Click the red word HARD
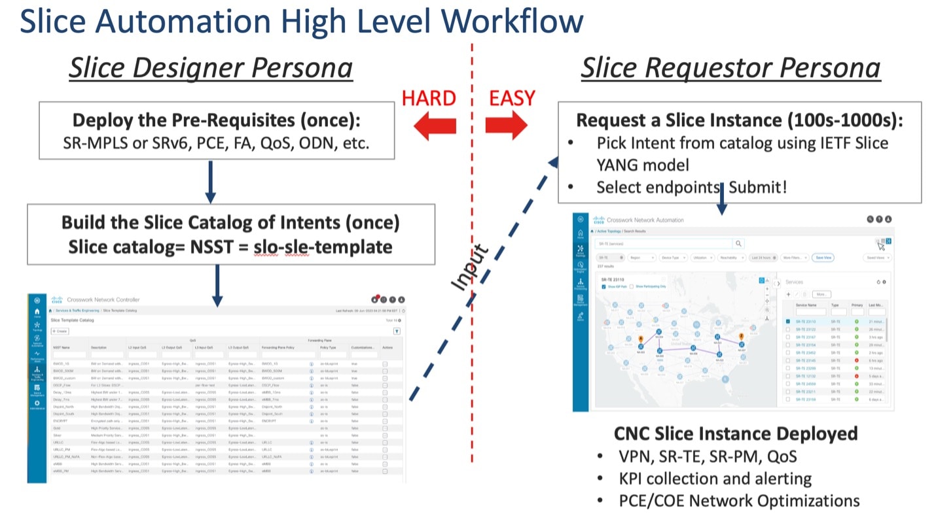click(x=429, y=98)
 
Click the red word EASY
click(x=512, y=98)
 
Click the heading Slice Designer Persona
click(x=211, y=68)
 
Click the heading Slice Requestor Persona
click(x=730, y=68)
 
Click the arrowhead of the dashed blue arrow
click(x=553, y=163)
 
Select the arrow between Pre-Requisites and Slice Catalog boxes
click(x=210, y=181)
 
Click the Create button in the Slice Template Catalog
click(x=60, y=331)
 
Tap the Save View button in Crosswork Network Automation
click(x=823, y=258)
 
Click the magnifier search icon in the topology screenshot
click(x=738, y=243)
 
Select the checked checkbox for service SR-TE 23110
click(x=789, y=322)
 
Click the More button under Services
click(x=821, y=294)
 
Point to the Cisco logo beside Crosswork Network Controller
click(x=57, y=299)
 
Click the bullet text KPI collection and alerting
click(x=715, y=478)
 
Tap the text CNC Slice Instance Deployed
click(x=736, y=433)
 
